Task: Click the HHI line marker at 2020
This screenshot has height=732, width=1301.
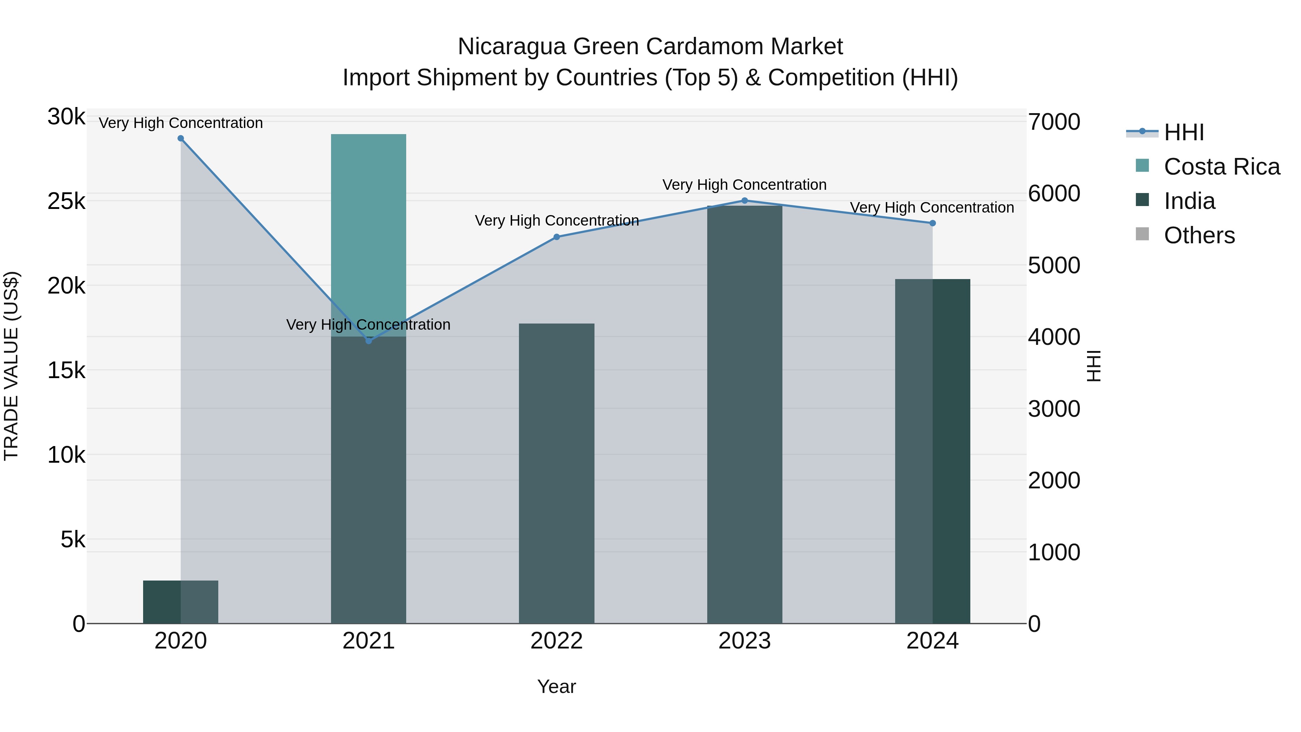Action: pyautogui.click(x=181, y=138)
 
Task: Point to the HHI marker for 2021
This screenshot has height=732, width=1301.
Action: pyautogui.click(x=369, y=341)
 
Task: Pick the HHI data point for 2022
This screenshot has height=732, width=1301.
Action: pyautogui.click(x=557, y=237)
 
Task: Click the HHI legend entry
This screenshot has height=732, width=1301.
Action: pyautogui.click(x=1183, y=132)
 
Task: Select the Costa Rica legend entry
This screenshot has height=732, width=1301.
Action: pyautogui.click(x=1221, y=167)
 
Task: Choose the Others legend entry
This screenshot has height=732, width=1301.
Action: pyautogui.click(x=1199, y=235)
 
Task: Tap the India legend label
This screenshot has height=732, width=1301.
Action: pyautogui.click(x=1189, y=201)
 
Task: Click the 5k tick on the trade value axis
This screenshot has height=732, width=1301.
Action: pyautogui.click(x=73, y=540)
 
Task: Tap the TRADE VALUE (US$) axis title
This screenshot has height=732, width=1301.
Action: pyautogui.click(x=12, y=366)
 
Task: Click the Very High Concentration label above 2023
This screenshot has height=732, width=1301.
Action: pyautogui.click(x=744, y=185)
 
